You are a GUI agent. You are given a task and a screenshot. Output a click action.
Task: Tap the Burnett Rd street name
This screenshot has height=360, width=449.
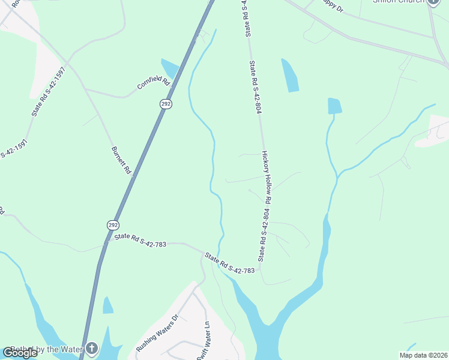click(x=121, y=160)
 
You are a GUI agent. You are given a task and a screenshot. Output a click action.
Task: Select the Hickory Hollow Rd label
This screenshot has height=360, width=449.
click(x=267, y=176)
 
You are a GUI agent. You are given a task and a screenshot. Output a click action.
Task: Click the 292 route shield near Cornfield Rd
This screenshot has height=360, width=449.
click(x=166, y=104)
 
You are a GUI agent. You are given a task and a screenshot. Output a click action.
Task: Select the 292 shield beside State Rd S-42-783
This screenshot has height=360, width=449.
click(x=113, y=225)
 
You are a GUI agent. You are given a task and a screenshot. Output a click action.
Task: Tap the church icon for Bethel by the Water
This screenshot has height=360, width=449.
click(x=91, y=347)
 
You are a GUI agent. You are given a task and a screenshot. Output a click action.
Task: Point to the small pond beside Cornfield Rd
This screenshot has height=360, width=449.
click(x=169, y=68)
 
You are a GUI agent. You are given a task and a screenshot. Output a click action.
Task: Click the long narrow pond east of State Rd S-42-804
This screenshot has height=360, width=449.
click(x=290, y=75)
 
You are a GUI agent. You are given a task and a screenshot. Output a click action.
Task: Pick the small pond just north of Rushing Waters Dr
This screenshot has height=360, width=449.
click(x=107, y=306)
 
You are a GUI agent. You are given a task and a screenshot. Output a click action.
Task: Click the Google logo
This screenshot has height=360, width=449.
click(x=20, y=353)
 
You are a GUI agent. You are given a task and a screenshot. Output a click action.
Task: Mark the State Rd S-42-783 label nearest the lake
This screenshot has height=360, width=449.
click(x=230, y=264)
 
